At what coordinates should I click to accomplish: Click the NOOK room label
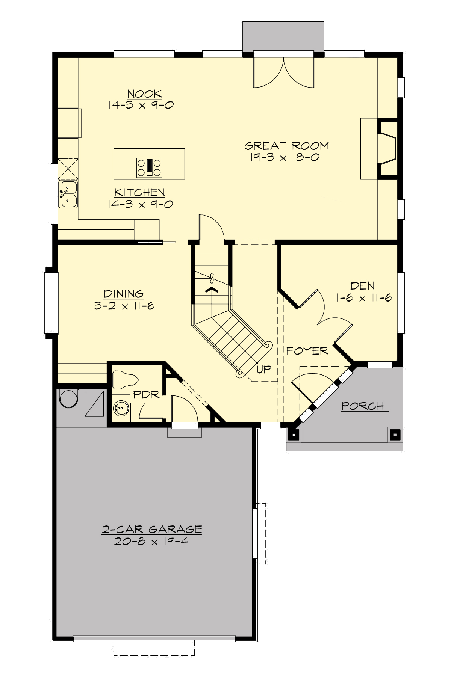coord(145,94)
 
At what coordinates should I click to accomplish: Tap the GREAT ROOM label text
coord(286,146)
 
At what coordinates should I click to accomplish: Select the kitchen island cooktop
coord(149,167)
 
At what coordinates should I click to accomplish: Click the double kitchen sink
coord(68,194)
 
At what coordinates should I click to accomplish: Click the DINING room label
coord(123,294)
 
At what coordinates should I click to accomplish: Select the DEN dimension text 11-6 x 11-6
coord(362,298)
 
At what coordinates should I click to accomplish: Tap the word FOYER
coord(307,351)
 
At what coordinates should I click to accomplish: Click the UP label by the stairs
coord(264,369)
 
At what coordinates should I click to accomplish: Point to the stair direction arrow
coord(212,290)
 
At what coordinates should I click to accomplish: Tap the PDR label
coord(146,395)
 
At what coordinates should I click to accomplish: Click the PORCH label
coord(363,406)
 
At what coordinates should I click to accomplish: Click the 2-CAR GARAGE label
coord(152,530)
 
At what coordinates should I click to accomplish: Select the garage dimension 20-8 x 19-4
coord(152,541)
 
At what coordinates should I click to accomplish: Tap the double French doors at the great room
coord(283,71)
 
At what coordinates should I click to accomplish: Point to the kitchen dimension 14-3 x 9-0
coord(140,204)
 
